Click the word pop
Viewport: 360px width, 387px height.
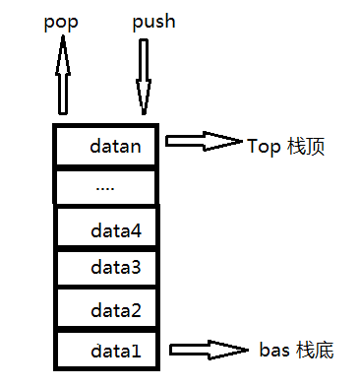pos(61,24)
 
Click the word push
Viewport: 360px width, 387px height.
pos(153,23)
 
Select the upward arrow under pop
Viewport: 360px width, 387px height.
pos(63,75)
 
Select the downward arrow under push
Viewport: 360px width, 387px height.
pos(144,77)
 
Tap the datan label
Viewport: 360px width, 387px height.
pos(115,146)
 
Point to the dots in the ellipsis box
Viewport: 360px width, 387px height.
pos(105,189)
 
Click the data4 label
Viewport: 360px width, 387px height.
pos(116,230)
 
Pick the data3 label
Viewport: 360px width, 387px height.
pos(116,267)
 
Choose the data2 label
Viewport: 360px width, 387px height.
pos(116,310)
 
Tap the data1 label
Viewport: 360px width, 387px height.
pos(116,351)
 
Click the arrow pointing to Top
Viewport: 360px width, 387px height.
pos(204,141)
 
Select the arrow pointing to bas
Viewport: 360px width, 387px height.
pos(209,350)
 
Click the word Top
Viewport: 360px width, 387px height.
pos(264,147)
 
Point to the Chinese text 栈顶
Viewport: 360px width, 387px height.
pos(306,146)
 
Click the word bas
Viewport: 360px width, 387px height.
pos(274,350)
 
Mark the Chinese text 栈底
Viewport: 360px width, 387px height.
pos(315,350)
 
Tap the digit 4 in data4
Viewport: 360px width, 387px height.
pos(136,230)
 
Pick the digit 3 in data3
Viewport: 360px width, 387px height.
pos(135,267)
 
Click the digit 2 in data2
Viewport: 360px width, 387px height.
pos(136,310)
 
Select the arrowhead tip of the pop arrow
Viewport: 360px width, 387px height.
pos(63,35)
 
